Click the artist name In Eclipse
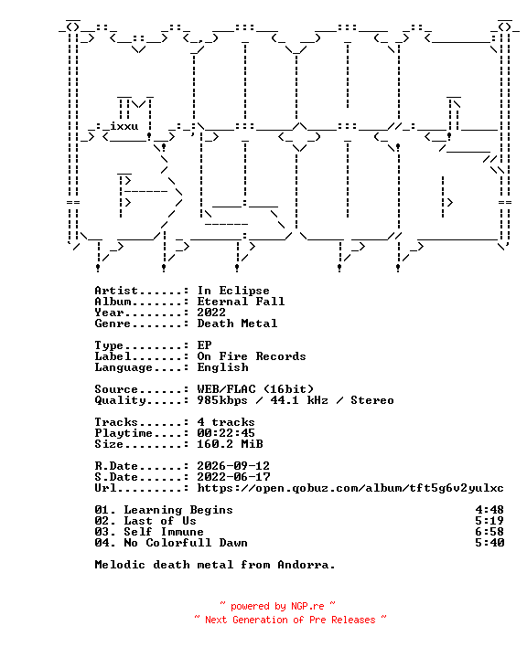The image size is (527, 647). point(233,291)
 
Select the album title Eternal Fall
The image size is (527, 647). point(241,302)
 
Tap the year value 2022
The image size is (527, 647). point(211,313)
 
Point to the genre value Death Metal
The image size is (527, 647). point(237,323)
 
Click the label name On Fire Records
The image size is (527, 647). point(252,356)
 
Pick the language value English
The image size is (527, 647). point(222,367)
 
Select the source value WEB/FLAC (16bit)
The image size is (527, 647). point(255,389)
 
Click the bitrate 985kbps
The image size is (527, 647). point(222,400)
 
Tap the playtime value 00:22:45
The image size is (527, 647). point(226,433)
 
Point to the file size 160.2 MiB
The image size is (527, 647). point(230,444)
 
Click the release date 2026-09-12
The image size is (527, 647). point(233,466)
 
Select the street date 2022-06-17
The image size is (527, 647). point(233,477)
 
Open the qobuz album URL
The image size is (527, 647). point(350,488)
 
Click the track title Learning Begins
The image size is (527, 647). point(178,510)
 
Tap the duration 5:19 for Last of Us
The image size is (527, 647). point(489,521)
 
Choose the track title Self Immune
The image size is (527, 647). point(164,532)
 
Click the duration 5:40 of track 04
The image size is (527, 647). point(489,543)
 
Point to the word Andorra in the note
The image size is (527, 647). point(306,565)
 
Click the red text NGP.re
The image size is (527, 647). point(307,606)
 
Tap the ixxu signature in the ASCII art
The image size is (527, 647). point(124,126)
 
